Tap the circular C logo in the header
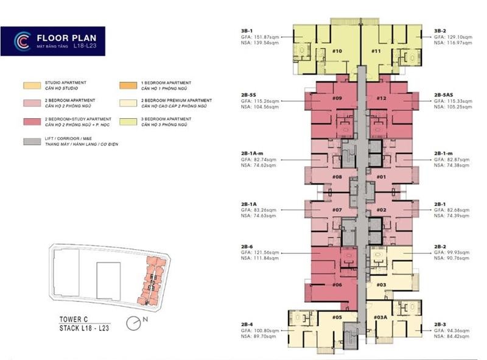23,41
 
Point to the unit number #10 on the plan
337,51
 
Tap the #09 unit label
337,98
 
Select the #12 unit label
382,98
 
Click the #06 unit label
337,284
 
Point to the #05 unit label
337,317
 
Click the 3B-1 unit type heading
247,30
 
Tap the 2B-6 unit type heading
247,247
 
